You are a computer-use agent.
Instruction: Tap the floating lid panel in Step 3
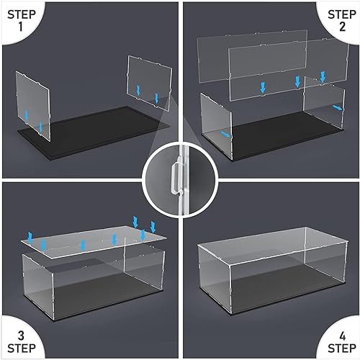point(90,238)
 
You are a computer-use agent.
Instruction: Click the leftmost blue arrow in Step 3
point(30,235)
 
